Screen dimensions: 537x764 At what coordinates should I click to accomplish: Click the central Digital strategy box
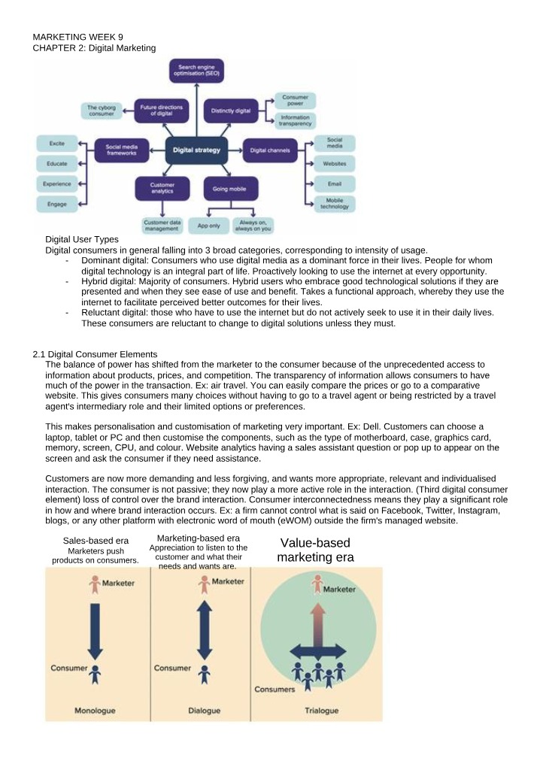pyautogui.click(x=196, y=150)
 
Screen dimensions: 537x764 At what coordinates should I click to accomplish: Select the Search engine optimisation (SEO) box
pyautogui.click(x=196, y=70)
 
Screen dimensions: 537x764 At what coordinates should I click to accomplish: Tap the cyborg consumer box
pyautogui.click(x=102, y=110)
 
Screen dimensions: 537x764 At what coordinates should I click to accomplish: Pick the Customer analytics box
pyautogui.click(x=162, y=188)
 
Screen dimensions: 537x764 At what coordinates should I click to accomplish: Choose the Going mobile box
pyautogui.click(x=229, y=189)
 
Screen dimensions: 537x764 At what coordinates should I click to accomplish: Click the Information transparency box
pyautogui.click(x=295, y=120)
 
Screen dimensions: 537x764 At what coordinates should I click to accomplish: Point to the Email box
pyautogui.click(x=334, y=183)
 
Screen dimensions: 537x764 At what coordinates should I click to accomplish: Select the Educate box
pyautogui.click(x=57, y=164)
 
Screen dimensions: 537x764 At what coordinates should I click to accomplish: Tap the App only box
pyautogui.click(x=208, y=226)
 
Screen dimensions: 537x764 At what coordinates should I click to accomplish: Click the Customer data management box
pyautogui.click(x=161, y=226)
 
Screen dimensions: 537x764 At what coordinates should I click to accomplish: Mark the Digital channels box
pyautogui.click(x=270, y=150)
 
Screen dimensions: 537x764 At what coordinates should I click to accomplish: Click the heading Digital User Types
pyautogui.click(x=82, y=239)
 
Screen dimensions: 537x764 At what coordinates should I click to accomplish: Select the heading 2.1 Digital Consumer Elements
pyautogui.click(x=95, y=354)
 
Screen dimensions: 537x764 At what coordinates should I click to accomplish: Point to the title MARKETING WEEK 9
pyautogui.click(x=78, y=37)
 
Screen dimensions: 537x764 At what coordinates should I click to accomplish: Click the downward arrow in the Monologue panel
pyautogui.click(x=96, y=631)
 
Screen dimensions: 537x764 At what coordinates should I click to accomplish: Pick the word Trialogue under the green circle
pyautogui.click(x=322, y=711)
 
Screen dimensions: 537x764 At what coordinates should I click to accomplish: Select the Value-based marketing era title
pyautogui.click(x=315, y=550)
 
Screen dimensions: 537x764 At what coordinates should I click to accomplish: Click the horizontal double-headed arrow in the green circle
pyautogui.click(x=317, y=651)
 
